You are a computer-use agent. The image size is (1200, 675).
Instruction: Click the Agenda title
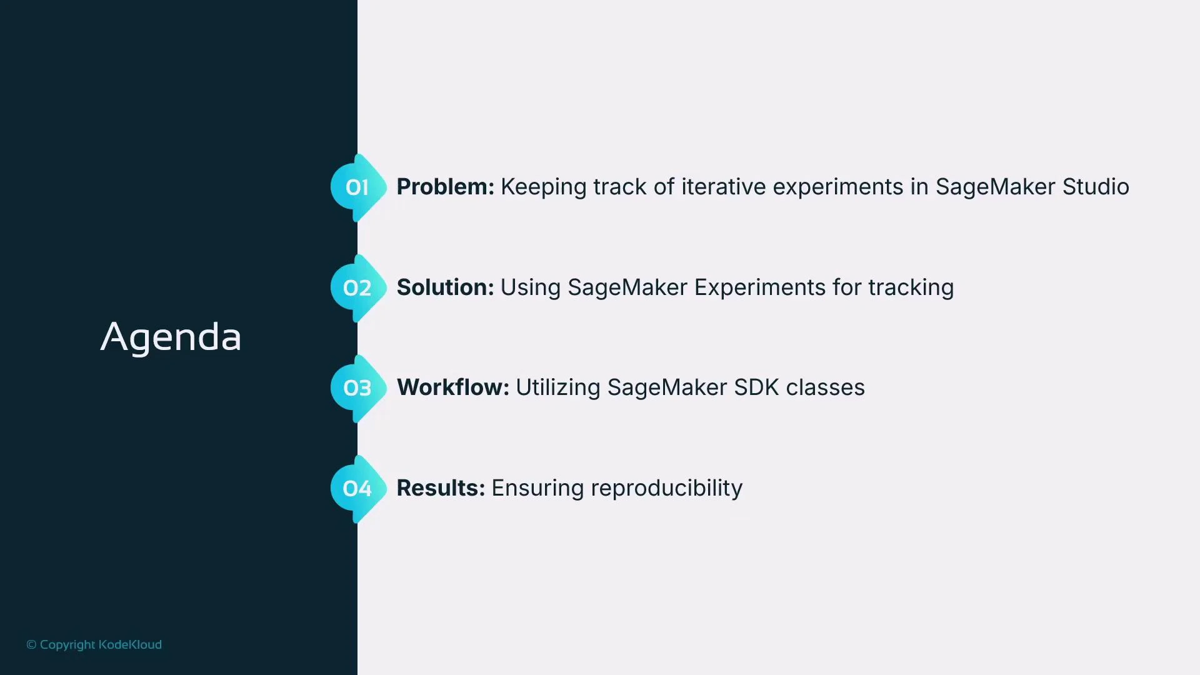[x=171, y=337]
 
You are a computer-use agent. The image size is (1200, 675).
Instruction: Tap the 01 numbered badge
[x=357, y=187]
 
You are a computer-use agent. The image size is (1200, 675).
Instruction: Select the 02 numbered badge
[x=357, y=288]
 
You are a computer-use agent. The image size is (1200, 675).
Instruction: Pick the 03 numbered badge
[x=357, y=388]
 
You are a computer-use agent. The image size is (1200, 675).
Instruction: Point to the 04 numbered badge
[x=357, y=489]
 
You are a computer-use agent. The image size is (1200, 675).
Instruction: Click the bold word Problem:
[x=445, y=187]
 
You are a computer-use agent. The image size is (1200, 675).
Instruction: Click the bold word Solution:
[x=445, y=287]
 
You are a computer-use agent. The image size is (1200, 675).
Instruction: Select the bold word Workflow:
[x=452, y=387]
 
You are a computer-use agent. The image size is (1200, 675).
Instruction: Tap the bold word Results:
[x=441, y=488]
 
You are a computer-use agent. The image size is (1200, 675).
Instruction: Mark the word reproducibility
[x=666, y=489]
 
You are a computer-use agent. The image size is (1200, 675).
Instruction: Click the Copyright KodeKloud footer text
[x=94, y=644]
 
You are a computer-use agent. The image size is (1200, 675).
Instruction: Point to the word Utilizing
[x=557, y=388]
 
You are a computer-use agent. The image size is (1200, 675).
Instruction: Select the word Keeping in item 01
[x=543, y=187]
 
